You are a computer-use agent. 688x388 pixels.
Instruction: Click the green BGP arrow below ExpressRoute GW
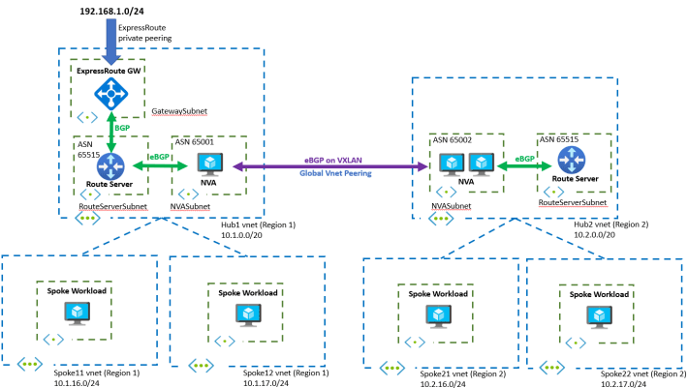pos(112,131)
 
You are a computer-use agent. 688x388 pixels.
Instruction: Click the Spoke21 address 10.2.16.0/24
pos(443,383)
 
